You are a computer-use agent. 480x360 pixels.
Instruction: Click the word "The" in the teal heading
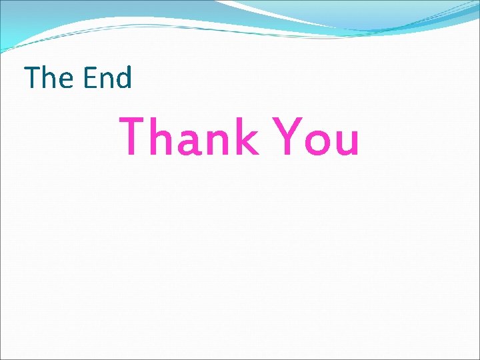(x=50, y=78)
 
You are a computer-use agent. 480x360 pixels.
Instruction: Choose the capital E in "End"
(x=89, y=78)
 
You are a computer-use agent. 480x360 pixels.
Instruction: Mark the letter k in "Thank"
(x=246, y=137)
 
